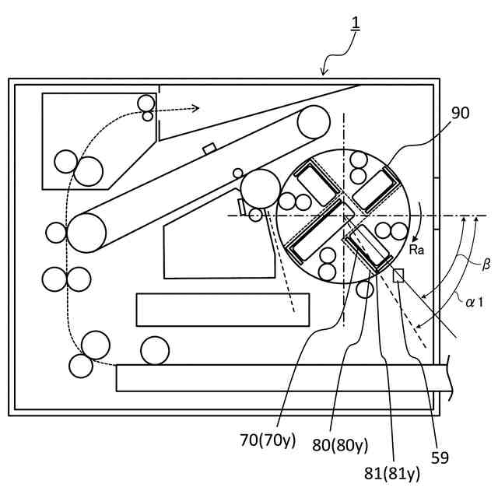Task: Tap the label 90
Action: [x=461, y=114]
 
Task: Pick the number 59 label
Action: [x=440, y=458]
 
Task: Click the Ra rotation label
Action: [x=416, y=249]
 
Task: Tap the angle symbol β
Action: [x=486, y=265]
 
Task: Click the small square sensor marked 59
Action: [x=398, y=275]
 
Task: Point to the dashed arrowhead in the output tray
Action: [x=196, y=108]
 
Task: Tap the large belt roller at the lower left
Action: [x=86, y=232]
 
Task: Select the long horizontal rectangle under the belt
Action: [x=223, y=310]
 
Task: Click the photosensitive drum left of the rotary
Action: [x=260, y=189]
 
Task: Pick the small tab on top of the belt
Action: [x=209, y=148]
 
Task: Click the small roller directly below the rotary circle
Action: [x=364, y=290]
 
